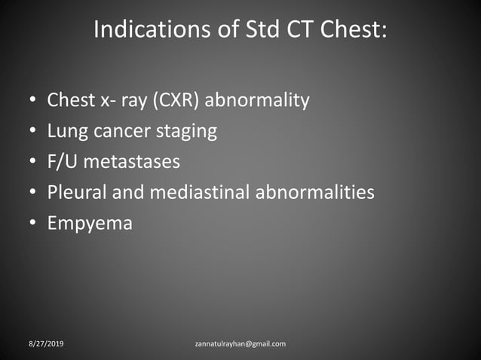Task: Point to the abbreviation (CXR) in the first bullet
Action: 176,100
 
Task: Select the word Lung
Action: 66,131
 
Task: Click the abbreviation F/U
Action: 65,162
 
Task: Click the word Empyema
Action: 89,224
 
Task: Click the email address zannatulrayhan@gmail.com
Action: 240,344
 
